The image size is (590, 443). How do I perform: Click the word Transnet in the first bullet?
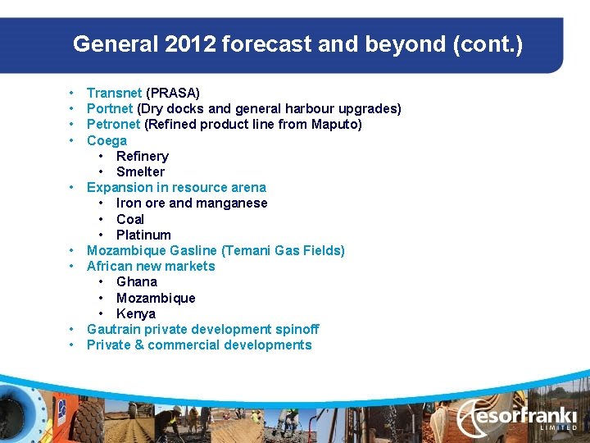(x=114, y=93)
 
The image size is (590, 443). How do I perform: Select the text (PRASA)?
(x=173, y=93)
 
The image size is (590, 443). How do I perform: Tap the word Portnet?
(x=110, y=108)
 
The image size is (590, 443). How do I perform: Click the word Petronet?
(x=113, y=124)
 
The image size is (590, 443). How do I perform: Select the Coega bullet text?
(x=107, y=140)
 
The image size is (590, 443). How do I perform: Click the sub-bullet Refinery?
(x=142, y=156)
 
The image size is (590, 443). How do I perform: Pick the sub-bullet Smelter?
(x=140, y=171)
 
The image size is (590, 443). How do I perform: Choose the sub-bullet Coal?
(x=129, y=219)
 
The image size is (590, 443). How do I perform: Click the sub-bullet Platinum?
(x=143, y=235)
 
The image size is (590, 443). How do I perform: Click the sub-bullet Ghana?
(x=136, y=281)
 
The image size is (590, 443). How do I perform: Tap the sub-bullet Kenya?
(x=135, y=313)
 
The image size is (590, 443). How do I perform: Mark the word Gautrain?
(x=114, y=329)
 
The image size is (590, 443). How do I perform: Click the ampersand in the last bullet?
(x=138, y=345)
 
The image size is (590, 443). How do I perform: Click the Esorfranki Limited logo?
(x=516, y=417)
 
